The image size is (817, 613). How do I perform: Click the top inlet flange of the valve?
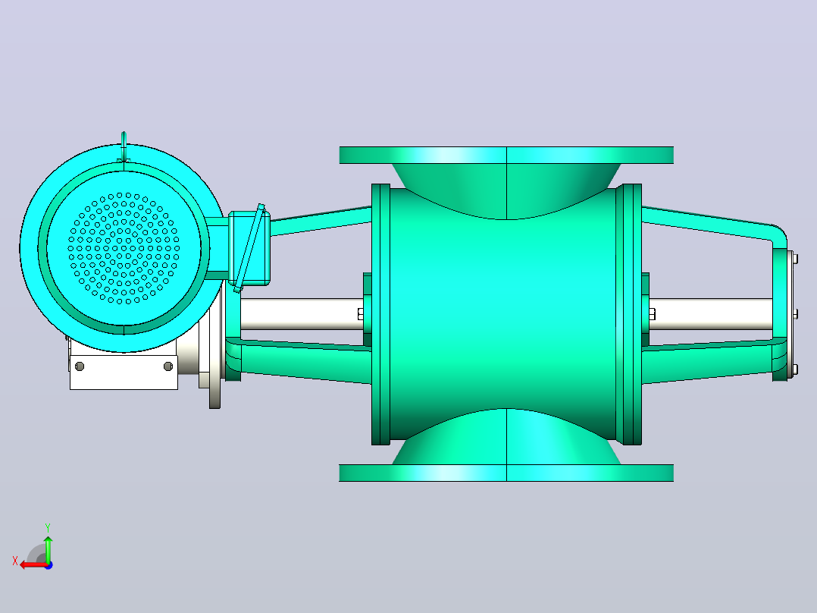point(506,155)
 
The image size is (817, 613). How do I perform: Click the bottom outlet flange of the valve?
point(506,473)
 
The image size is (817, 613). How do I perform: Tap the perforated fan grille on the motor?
point(124,248)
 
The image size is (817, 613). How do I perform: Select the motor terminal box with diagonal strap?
point(249,248)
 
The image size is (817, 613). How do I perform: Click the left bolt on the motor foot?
point(80,366)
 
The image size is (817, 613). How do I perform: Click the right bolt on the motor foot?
point(168,366)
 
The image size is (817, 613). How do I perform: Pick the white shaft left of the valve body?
point(302,314)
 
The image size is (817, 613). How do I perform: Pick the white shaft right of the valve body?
point(711,314)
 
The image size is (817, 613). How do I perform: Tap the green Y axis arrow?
point(48,549)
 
